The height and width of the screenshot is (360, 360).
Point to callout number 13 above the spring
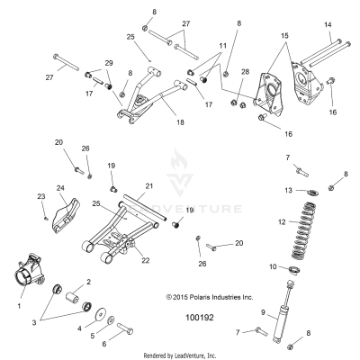[287, 191]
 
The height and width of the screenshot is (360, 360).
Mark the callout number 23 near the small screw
[41, 196]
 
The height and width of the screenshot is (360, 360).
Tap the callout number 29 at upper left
[109, 62]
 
